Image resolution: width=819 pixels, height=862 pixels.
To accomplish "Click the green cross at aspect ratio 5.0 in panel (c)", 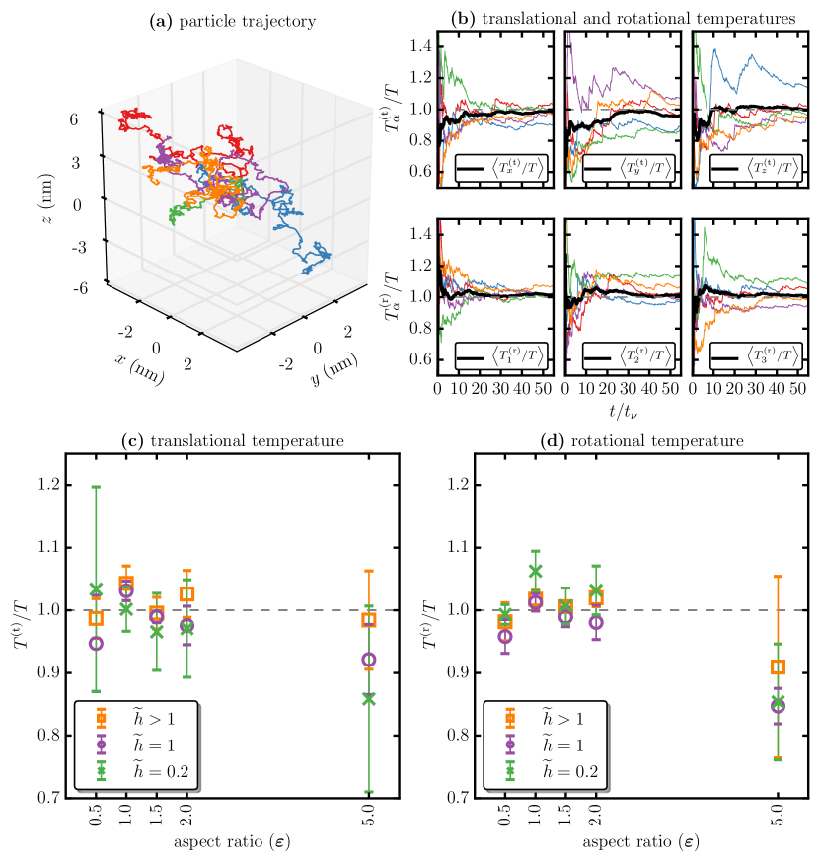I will pos(369,698).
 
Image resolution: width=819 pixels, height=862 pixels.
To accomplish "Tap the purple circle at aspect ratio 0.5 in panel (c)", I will pos(96,643).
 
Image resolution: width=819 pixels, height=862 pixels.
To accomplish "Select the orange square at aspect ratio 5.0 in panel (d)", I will pos(778,667).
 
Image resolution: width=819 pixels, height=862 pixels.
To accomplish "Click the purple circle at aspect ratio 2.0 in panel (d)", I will pos(595,622).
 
